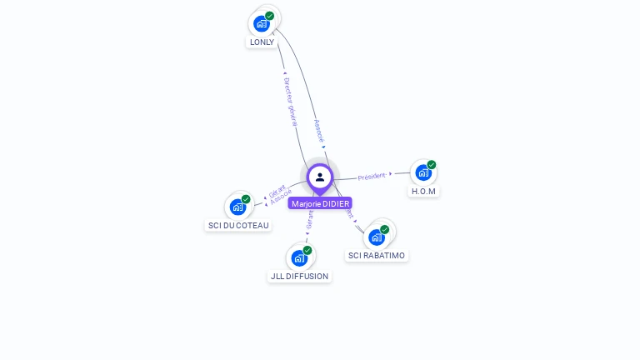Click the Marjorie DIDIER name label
pyautogui.click(x=320, y=203)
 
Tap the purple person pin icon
pyautogui.click(x=320, y=177)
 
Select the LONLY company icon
pyautogui.click(x=262, y=23)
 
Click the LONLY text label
pyautogui.click(x=262, y=42)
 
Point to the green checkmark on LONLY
pyautogui.click(x=270, y=16)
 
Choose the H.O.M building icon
pyautogui.click(x=423, y=172)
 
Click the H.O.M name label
pyautogui.click(x=423, y=191)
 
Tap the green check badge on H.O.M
pyautogui.click(x=432, y=165)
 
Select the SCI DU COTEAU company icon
pyautogui.click(x=237, y=207)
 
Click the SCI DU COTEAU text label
pyautogui.click(x=237, y=225)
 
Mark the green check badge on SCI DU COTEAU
pyautogui.click(x=246, y=199)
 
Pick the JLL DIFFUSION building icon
pyautogui.click(x=299, y=257)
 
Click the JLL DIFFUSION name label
pyautogui.click(x=299, y=276)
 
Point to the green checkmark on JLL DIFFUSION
pyautogui.click(x=307, y=250)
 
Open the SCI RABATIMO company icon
pyautogui.click(x=377, y=237)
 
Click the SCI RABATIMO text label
pyautogui.click(x=377, y=255)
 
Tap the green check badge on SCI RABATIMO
pyautogui.click(x=385, y=229)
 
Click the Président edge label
pyautogui.click(x=372, y=177)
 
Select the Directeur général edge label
pyautogui.click(x=290, y=102)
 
